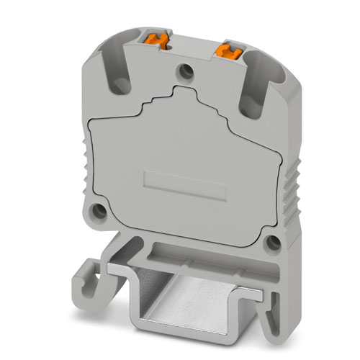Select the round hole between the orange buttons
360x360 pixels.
[188, 71]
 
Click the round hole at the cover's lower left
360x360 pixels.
[102, 215]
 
